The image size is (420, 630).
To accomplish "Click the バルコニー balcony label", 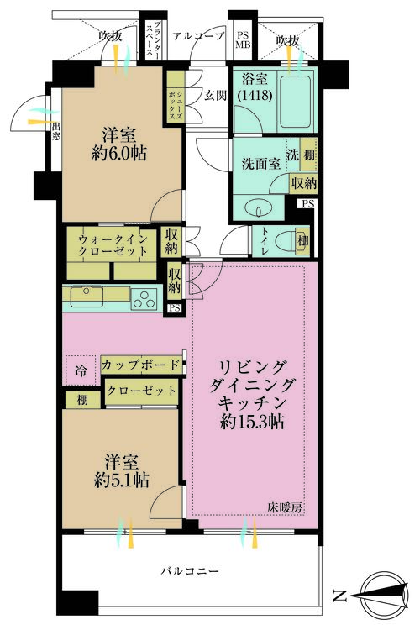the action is tap(190, 571).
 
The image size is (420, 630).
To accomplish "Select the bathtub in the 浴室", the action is tap(296, 101).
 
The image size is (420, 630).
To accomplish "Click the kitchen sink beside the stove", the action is tap(87, 296).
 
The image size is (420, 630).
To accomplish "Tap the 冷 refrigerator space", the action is tap(81, 370).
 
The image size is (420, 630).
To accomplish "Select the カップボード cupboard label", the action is tap(140, 365).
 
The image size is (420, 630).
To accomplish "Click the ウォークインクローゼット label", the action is tap(113, 245).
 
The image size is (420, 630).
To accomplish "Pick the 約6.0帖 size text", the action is tap(119, 154).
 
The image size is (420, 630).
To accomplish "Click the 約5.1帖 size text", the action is tap(121, 480).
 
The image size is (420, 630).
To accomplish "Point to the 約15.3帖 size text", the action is tap(252, 422).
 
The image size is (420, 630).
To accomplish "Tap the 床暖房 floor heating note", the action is tap(285, 507).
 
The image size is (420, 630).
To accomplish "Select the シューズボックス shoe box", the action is tap(176, 97).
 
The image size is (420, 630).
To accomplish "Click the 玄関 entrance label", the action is tap(215, 95).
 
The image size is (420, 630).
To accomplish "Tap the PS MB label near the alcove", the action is tap(243, 40).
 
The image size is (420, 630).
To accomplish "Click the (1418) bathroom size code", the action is tap(255, 96).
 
